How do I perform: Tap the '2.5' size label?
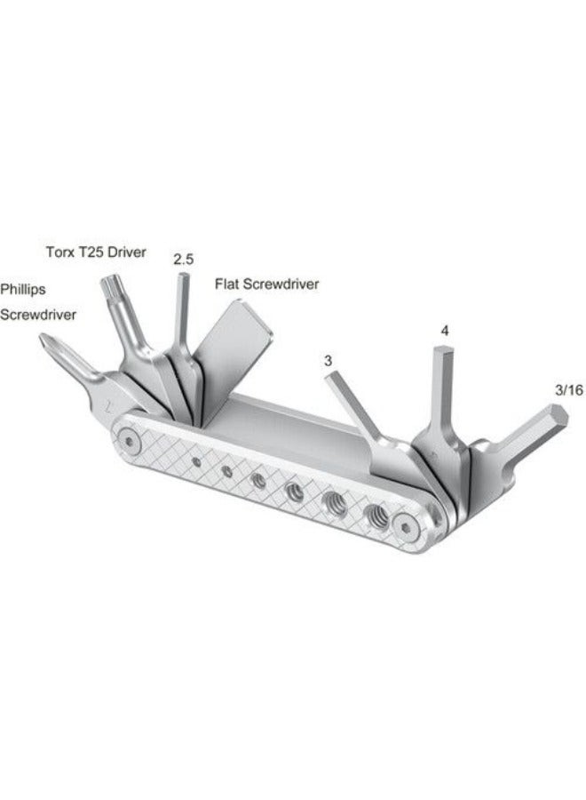click(x=184, y=260)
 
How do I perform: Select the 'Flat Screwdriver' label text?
click(x=266, y=284)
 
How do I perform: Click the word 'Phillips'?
click(x=22, y=289)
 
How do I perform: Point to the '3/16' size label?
click(x=568, y=389)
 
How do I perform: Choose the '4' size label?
click(x=445, y=331)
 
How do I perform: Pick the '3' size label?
click(x=329, y=360)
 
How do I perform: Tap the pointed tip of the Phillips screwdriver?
click(x=44, y=340)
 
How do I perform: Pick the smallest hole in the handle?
click(x=194, y=461)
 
